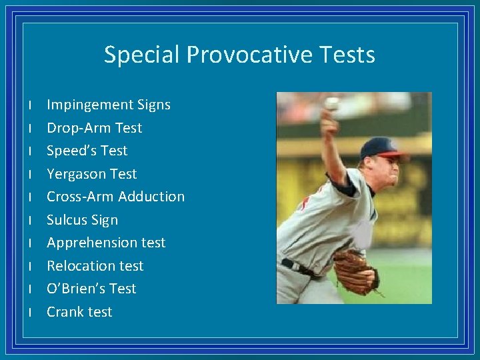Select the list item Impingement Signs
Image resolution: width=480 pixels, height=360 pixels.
click(x=108, y=105)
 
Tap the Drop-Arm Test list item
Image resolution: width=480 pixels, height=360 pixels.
click(x=94, y=127)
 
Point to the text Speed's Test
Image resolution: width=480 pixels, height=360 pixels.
click(x=87, y=151)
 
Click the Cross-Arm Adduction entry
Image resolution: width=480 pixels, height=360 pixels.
click(x=115, y=197)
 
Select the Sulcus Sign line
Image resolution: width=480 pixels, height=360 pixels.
click(x=82, y=220)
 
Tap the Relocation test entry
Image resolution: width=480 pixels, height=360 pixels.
click(x=95, y=266)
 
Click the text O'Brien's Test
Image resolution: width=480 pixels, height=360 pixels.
click(x=91, y=289)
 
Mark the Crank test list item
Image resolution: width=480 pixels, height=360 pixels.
click(x=79, y=312)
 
